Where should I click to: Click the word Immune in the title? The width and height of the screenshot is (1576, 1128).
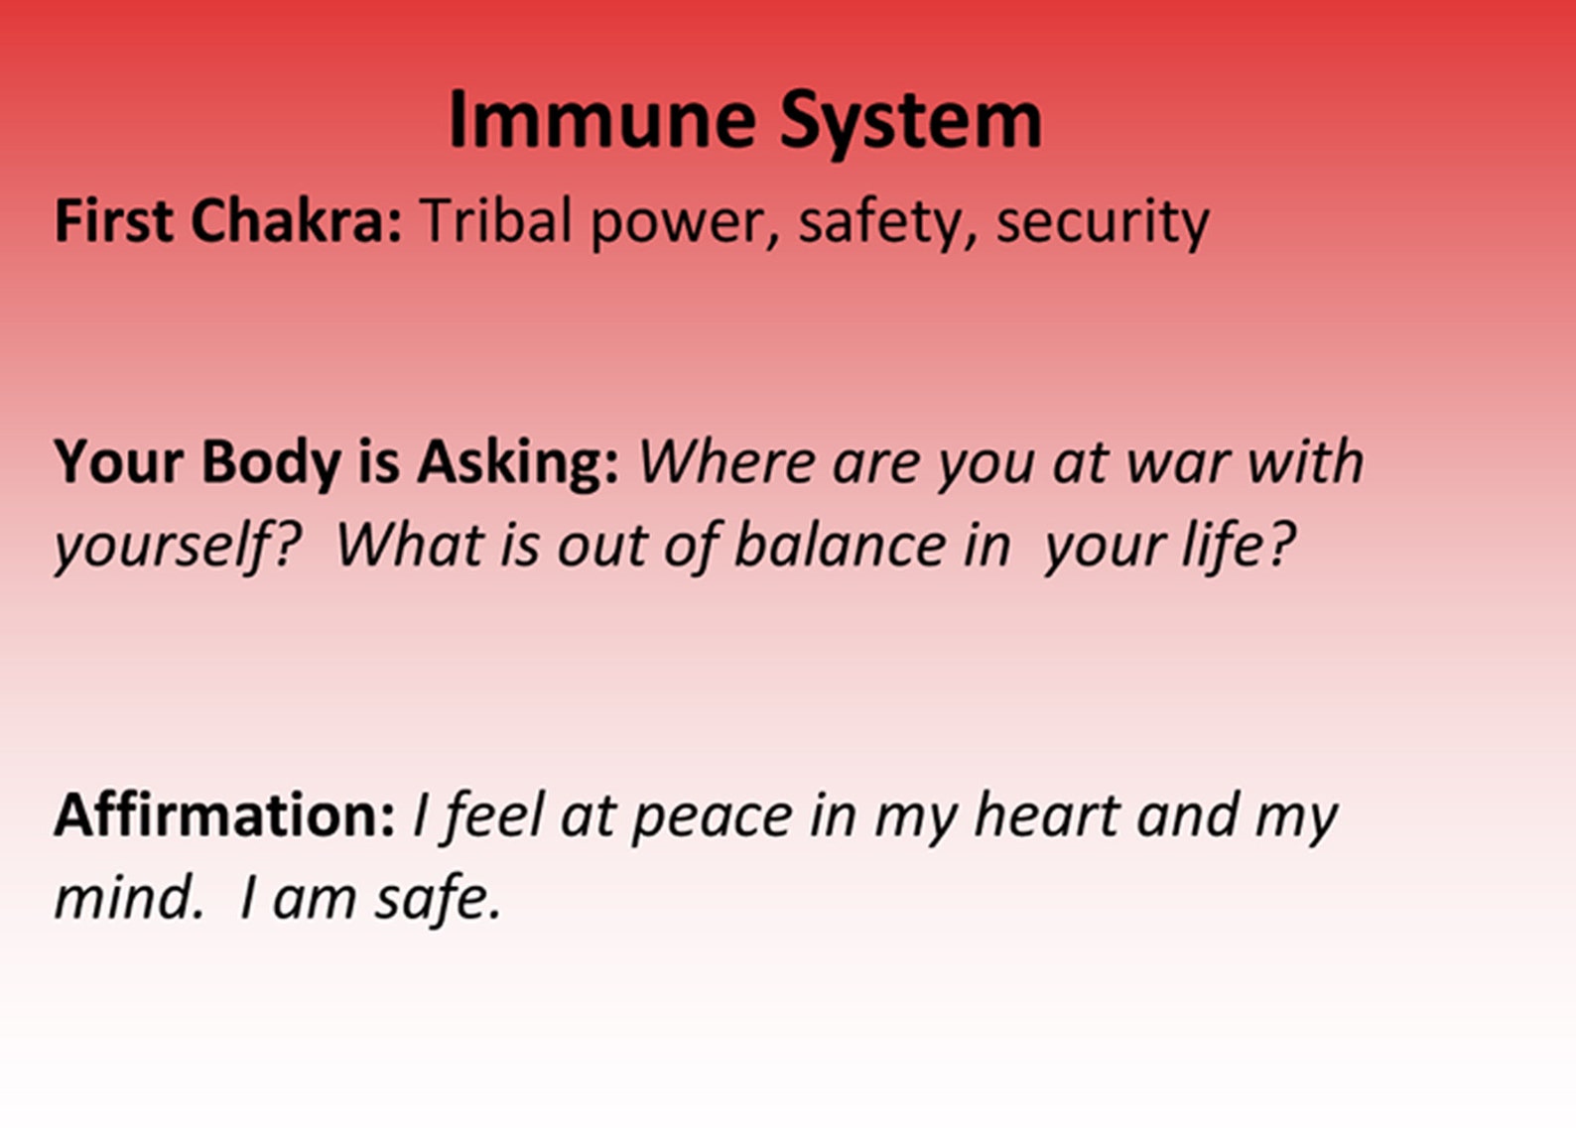pyautogui.click(x=602, y=120)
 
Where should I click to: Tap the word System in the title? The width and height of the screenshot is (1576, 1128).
pyautogui.click(x=911, y=124)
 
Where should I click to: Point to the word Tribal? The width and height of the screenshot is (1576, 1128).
pyautogui.click(x=497, y=221)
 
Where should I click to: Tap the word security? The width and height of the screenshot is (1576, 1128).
pyautogui.click(x=1104, y=223)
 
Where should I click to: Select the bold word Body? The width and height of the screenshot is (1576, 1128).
pyautogui.click(x=271, y=462)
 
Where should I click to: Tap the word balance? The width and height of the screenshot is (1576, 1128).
pyautogui.click(x=840, y=545)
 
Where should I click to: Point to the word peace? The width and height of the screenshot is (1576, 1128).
pyautogui.click(x=712, y=821)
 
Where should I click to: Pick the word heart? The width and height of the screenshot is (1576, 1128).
pyautogui.click(x=1047, y=815)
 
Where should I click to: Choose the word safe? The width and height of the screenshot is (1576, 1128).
pyautogui.click(x=438, y=900)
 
